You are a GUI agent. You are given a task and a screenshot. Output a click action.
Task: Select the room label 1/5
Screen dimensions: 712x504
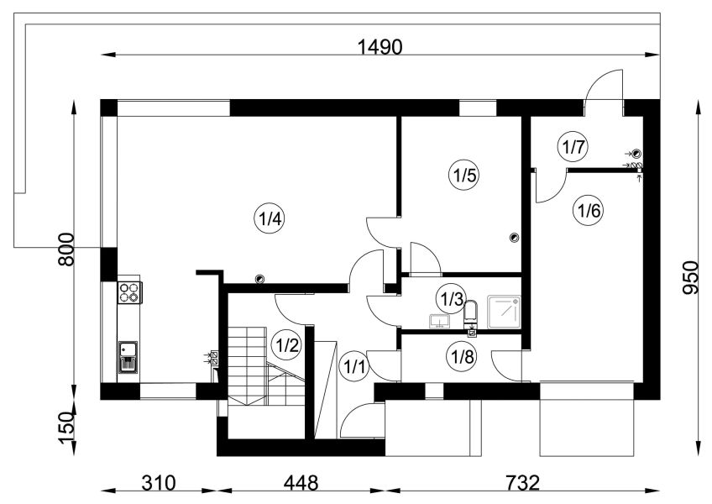coord(463,175)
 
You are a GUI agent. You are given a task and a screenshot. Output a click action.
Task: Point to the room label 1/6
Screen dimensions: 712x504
coord(588,210)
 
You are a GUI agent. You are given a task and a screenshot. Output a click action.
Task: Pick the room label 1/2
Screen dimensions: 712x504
coord(285,346)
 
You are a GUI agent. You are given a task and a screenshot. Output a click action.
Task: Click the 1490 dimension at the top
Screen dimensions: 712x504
coord(380,47)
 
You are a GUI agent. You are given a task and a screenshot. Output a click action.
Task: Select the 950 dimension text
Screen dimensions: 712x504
coord(690,277)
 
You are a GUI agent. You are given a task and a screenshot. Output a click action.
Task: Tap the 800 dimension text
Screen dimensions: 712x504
coord(66,249)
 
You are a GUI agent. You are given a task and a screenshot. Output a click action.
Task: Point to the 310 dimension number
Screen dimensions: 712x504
coord(159,483)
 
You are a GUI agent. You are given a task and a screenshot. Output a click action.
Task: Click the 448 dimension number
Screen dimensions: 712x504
coord(301,483)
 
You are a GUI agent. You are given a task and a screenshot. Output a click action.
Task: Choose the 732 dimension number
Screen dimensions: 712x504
coord(522,483)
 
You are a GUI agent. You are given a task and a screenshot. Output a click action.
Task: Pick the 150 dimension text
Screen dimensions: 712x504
coord(66,428)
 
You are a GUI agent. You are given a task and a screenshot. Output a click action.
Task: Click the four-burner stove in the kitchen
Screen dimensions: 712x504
coord(129,292)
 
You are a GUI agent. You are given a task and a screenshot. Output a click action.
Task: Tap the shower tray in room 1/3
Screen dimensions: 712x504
coord(504,312)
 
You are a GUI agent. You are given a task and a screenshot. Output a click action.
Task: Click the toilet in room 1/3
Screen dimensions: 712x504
coord(471,313)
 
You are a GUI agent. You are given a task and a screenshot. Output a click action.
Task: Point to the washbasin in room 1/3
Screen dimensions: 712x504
coord(439,320)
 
